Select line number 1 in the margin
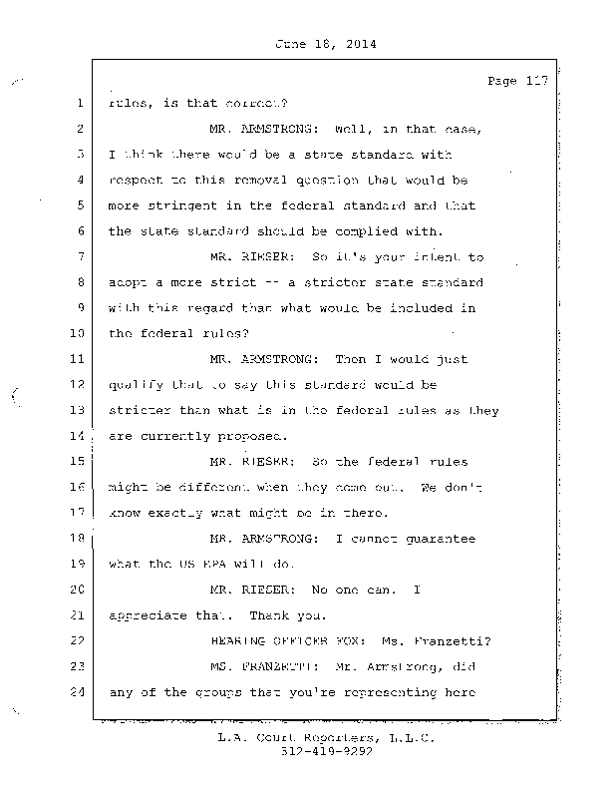tap(77, 103)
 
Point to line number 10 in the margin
tap(75, 333)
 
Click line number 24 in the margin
tap(75, 693)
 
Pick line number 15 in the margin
tap(75, 462)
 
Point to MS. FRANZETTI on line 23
tap(261, 667)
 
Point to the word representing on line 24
tap(391, 693)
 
